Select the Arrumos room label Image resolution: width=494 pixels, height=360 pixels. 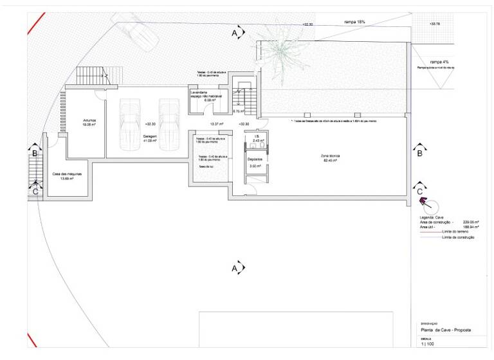tap(89, 120)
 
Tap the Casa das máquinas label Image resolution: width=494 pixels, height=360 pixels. tap(62, 175)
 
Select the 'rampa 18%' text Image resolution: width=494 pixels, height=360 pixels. tap(355, 22)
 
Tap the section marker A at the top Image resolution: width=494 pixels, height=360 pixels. tap(235, 32)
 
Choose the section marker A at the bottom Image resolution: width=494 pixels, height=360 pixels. tap(235, 267)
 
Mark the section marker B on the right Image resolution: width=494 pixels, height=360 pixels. tap(419, 152)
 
